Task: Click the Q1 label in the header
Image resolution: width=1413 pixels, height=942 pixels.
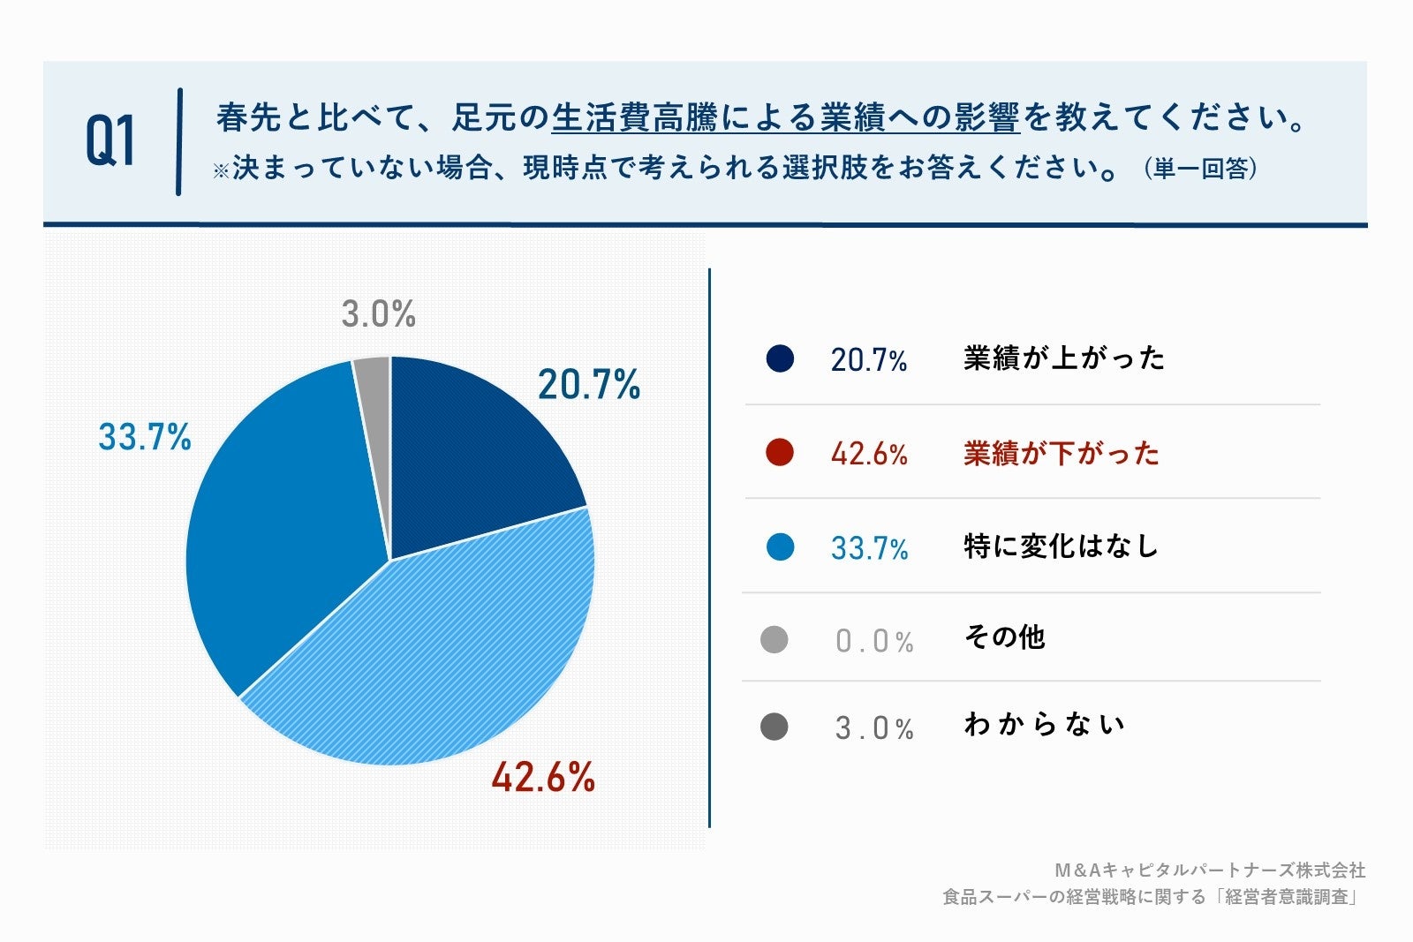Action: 110,141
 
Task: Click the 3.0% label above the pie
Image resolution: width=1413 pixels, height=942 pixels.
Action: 378,313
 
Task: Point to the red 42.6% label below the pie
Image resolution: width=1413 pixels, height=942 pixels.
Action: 543,778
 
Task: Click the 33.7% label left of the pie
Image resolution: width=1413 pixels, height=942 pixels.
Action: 145,437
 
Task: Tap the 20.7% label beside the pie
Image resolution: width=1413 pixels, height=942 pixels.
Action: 589,385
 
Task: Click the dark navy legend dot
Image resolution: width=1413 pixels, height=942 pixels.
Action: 780,358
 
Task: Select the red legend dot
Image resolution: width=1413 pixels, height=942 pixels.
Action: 780,453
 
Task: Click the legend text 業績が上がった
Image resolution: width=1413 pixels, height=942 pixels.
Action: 1064,358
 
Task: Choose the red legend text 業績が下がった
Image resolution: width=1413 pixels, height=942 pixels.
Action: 1061,454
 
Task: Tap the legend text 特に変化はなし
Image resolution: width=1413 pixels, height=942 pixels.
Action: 1061,546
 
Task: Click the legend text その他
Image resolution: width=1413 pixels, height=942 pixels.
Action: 1004,637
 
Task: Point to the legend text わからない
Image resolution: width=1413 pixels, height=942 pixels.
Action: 1044,725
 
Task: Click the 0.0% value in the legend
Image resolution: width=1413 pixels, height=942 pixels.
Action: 874,641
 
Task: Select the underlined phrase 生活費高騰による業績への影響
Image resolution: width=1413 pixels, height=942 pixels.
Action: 785,118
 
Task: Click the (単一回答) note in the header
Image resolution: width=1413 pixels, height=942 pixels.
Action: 1200,168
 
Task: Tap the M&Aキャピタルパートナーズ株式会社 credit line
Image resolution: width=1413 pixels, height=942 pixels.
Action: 1210,870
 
